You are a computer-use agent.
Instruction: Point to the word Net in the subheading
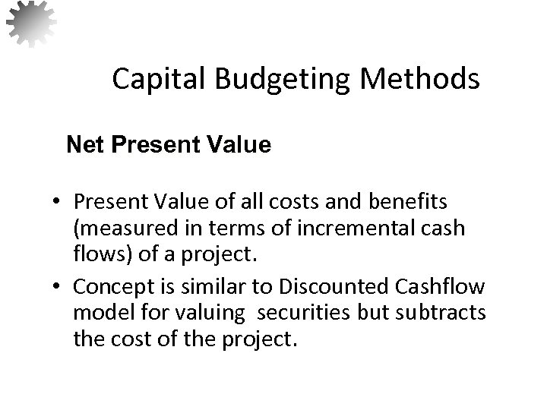83,145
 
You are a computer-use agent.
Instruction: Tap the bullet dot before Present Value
58,202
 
